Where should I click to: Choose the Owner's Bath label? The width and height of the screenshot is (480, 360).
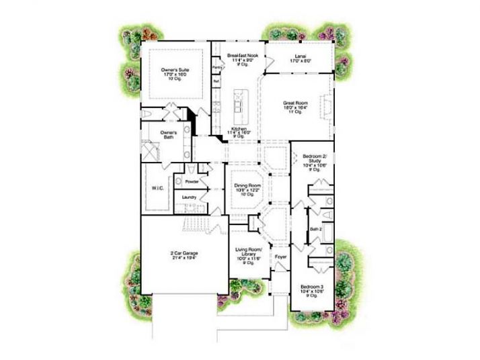coord(168,134)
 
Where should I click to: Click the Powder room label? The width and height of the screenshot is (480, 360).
coord(190,181)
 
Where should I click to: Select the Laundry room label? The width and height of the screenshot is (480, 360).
coord(189,197)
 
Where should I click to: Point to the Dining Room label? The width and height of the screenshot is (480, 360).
coord(247,185)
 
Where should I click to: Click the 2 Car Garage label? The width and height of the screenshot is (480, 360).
coord(183,253)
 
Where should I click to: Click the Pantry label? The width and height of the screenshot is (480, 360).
coord(217,68)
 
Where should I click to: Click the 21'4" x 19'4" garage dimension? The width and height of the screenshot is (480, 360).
coord(183,258)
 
